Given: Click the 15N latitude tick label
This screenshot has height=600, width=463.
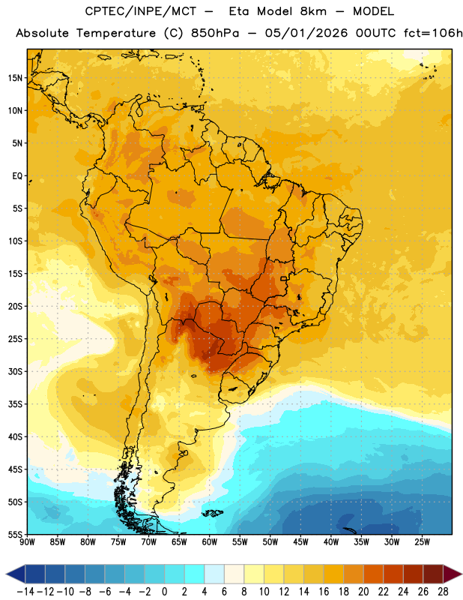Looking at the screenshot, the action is tap(15, 78).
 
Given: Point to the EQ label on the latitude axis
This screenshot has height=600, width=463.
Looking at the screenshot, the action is tap(17, 176).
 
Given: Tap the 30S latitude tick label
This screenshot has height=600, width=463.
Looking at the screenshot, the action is tap(15, 371).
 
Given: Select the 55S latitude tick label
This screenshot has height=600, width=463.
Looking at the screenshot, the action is tap(15, 534).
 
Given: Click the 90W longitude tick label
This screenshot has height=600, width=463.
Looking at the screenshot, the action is tap(28, 541).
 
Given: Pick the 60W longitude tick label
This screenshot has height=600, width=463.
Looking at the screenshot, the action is tap(210, 541).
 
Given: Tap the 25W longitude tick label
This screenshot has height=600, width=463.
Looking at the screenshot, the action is tap(422, 541).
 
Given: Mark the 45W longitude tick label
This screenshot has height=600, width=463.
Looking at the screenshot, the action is tap(300, 541).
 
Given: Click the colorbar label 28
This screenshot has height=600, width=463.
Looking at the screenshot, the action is tap(443, 592).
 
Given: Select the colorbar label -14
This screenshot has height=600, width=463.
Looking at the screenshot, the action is tap(25, 592).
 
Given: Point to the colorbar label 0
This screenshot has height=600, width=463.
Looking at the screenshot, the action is tap(164, 592).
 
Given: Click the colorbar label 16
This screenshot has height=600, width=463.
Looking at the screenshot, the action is tap(324, 592).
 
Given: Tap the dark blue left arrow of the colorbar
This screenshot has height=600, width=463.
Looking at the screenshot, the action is tap(16, 574).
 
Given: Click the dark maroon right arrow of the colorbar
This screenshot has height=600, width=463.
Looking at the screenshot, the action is tap(453, 574).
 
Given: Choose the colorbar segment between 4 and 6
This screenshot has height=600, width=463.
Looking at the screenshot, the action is tap(214, 574).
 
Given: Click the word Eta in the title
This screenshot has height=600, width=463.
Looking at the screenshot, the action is tap(239, 11).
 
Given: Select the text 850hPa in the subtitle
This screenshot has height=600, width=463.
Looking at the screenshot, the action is tap(215, 33).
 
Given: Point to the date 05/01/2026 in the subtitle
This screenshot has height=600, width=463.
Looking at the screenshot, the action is tap(306, 33).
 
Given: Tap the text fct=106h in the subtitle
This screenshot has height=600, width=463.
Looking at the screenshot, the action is tap(433, 33).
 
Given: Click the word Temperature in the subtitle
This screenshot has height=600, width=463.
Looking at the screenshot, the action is tap(116, 34).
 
